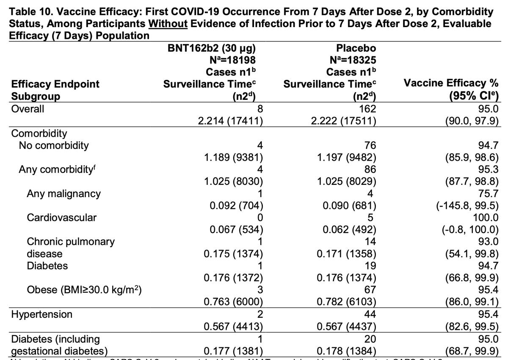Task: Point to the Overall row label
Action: point(28,108)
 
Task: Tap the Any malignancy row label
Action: point(63,194)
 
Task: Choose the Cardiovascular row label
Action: point(61,218)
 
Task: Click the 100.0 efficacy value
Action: point(487,218)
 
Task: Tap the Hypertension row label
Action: point(41,315)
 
